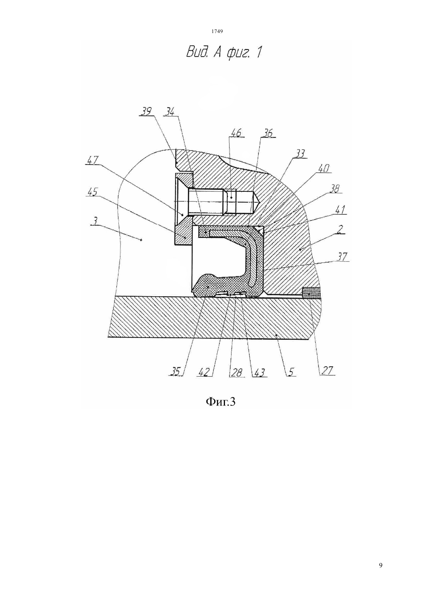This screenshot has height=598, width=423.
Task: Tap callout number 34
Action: [x=170, y=111]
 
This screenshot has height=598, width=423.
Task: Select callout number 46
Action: [x=236, y=133]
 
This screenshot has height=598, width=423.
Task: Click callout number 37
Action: [x=342, y=257]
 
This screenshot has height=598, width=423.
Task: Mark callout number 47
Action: [x=92, y=160]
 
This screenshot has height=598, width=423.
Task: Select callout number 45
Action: [x=92, y=192]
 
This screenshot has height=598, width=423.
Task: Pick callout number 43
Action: [x=258, y=372]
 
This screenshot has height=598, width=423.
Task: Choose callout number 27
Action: [x=327, y=371]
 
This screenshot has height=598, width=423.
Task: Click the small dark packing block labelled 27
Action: [x=311, y=293]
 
